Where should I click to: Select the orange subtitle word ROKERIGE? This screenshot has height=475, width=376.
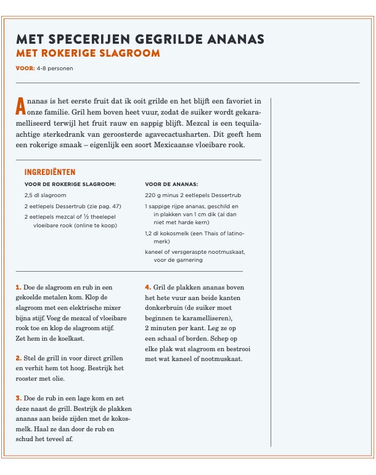[x=73, y=53]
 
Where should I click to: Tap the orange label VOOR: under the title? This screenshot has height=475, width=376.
[x=25, y=68]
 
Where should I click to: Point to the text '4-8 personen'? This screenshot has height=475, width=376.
[x=55, y=68]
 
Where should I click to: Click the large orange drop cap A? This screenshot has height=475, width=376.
[x=21, y=106]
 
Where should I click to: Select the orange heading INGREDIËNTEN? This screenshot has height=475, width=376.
[x=50, y=173]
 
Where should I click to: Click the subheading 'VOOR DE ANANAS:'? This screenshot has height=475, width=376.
[x=171, y=184]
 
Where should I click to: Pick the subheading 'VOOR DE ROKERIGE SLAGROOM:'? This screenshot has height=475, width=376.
[x=70, y=184]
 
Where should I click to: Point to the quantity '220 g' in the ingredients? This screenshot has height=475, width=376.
[x=154, y=195]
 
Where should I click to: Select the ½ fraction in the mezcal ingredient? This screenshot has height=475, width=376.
[x=91, y=217]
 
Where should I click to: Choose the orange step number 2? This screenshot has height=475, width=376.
[x=18, y=358]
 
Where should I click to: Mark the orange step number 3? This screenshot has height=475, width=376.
[x=18, y=399]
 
